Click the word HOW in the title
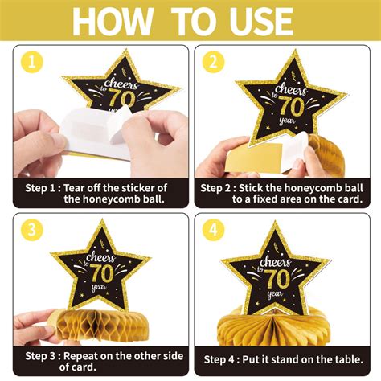point(113,21)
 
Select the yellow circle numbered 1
point(32,63)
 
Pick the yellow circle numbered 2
point(213,63)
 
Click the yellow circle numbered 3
point(32,230)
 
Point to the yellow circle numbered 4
point(213,230)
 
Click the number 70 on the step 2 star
point(292,105)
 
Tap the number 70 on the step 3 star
point(102,272)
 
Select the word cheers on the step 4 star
point(276,261)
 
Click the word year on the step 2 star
point(287,121)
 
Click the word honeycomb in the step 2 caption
point(313,188)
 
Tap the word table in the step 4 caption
point(349,359)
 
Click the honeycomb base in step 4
point(276,328)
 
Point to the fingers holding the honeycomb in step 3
point(35,328)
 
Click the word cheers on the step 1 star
point(122,84)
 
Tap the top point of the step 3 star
point(102,219)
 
